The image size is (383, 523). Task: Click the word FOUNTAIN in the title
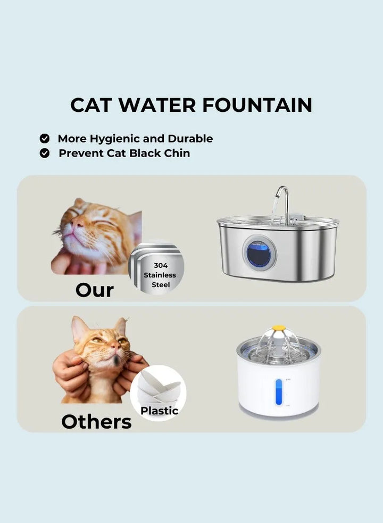pyautogui.click(x=257, y=105)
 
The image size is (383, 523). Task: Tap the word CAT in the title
pyautogui.click(x=90, y=105)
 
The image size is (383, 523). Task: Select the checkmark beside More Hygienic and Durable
pyautogui.click(x=45, y=138)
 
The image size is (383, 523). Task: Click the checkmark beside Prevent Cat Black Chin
pyautogui.click(x=45, y=153)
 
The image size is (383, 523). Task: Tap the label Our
pyautogui.click(x=95, y=290)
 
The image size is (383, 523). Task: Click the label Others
pyautogui.click(x=97, y=422)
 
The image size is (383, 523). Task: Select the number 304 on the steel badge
pyautogui.click(x=161, y=266)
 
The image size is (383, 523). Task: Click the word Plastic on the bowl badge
pyautogui.click(x=160, y=411)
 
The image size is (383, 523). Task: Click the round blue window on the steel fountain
pyautogui.click(x=259, y=254)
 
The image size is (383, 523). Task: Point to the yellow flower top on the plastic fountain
pyautogui.click(x=278, y=329)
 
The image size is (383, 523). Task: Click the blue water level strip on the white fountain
pyautogui.click(x=279, y=392)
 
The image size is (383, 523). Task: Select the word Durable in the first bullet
pyautogui.click(x=190, y=138)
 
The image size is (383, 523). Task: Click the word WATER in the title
pyautogui.click(x=157, y=105)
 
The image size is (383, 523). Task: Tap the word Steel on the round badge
pyautogui.click(x=161, y=285)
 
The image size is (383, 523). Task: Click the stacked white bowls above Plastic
pyautogui.click(x=159, y=388)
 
